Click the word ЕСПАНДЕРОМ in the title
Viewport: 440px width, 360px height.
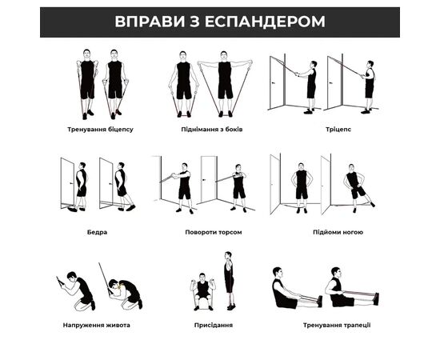(265, 22)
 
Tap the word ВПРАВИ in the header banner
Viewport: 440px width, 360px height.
(150, 22)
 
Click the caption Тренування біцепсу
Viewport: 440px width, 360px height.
(100, 130)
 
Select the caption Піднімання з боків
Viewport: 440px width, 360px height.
(212, 130)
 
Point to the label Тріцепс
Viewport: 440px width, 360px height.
(338, 130)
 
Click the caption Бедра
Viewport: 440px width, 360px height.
(97, 232)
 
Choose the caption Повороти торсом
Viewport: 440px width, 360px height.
(214, 232)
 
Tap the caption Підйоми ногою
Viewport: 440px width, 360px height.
(338, 232)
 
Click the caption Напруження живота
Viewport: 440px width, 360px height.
(96, 326)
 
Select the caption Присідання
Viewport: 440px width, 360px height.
(214, 326)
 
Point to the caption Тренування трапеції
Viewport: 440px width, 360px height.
(337, 326)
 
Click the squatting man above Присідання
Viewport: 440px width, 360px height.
(202, 291)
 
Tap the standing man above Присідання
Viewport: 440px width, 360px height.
(230, 281)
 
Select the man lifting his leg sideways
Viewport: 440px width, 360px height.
(357, 188)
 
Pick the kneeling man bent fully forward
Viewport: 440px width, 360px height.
(126, 294)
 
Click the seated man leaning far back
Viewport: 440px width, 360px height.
(297, 289)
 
